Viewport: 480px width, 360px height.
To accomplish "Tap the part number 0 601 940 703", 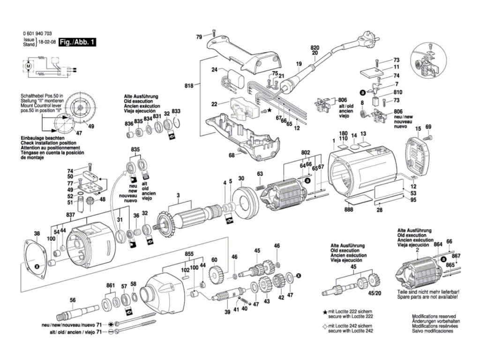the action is point(37,34).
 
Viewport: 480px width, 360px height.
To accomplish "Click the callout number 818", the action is point(189,86).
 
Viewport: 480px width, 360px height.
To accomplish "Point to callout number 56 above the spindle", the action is point(73,300).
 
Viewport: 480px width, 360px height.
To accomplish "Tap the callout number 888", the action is point(349,210).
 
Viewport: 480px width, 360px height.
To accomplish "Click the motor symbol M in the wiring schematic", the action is point(28,66).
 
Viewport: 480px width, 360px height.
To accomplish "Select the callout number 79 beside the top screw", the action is point(199,37).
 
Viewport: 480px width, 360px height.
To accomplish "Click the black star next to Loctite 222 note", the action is point(325,312).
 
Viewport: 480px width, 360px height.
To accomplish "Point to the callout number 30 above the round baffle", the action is point(241,179).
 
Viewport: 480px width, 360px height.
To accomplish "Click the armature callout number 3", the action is point(178,195).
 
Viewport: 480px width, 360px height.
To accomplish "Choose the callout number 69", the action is point(428,127).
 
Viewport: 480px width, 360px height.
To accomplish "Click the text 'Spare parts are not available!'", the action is point(427,297).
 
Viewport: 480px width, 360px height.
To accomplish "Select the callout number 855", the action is point(189,254).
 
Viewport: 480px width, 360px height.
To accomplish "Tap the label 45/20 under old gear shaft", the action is point(375,293).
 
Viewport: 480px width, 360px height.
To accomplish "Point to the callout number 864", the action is point(438,244).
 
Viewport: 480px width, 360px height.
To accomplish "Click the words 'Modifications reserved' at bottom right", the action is point(434,316).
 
